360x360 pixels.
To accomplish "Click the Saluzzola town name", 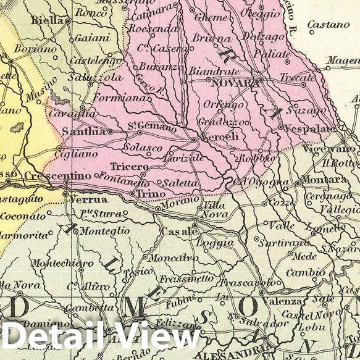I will [x=95, y=78].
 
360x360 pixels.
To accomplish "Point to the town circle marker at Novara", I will [x=261, y=80].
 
